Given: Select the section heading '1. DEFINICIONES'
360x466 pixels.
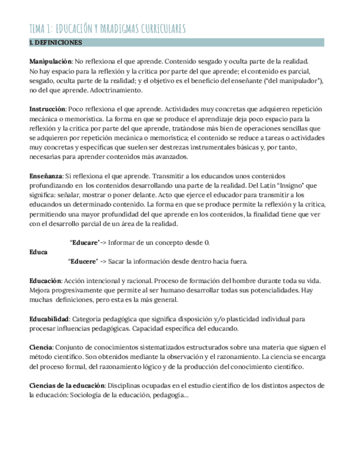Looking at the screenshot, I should click(56, 42).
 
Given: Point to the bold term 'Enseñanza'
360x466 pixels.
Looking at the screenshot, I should click(46, 176).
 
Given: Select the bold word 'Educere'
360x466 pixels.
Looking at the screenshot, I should click(84, 261).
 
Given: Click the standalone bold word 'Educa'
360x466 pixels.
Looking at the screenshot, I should click(38, 252).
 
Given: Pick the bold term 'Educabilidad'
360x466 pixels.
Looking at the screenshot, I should click(49, 319).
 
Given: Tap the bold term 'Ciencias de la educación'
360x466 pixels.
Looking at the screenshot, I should click(67, 386).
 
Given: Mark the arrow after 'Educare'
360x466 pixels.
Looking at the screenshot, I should click(103, 242).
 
